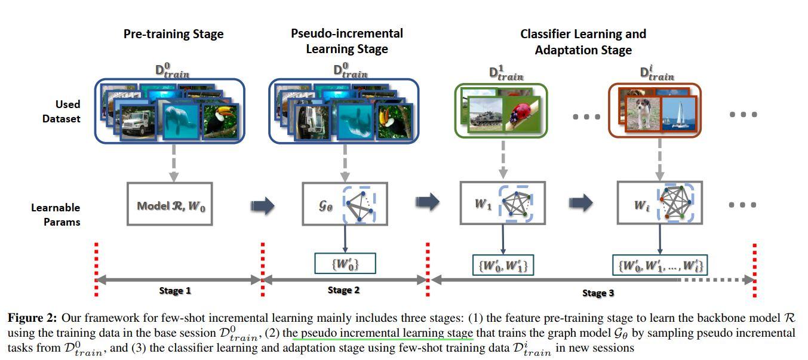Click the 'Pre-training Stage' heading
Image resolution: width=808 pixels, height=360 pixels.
pos(173,34)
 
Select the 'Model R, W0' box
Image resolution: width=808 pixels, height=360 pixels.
pos(170,205)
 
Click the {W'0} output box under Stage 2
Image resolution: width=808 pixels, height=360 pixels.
pos(345,263)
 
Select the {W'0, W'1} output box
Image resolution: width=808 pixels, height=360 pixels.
pos(503,264)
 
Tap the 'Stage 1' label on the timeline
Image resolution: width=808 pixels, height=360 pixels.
pos(176,291)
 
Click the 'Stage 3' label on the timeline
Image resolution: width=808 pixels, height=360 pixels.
pos(598,293)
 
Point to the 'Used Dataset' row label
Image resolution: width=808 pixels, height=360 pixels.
pos(61,111)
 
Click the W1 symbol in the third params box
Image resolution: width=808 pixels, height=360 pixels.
pos(482,203)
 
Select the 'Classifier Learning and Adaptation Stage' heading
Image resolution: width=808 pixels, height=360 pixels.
pos(583,42)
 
